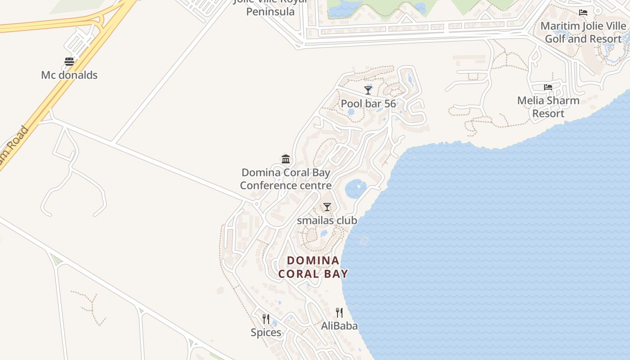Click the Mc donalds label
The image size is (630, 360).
69,75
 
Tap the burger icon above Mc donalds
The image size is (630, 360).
69,62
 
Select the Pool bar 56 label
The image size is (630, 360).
368,104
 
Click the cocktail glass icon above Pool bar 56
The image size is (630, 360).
368,90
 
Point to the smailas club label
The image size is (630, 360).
327,220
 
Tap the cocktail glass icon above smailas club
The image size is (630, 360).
327,207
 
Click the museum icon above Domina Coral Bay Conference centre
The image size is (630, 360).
286,159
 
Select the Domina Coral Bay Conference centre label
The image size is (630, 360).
286,179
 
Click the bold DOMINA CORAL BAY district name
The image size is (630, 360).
313,267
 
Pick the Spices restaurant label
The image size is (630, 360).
266,333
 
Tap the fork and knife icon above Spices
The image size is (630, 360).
266,319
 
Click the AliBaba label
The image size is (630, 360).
339,326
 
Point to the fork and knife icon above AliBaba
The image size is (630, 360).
339,313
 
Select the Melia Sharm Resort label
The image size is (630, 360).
548,107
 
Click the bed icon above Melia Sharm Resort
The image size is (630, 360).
548,87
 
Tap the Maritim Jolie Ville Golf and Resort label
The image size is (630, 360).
583,32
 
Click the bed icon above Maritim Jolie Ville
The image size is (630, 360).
583,13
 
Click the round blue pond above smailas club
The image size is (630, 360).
356,189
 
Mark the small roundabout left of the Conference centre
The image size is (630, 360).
256,204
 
